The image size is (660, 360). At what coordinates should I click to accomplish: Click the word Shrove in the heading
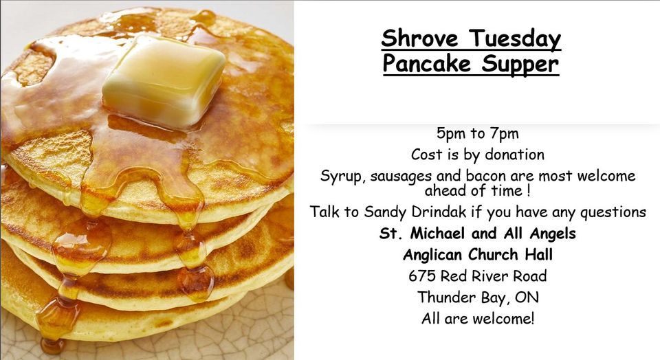419,38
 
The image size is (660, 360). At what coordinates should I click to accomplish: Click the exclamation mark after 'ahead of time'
529,190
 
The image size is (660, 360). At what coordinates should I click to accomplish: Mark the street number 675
421,276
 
